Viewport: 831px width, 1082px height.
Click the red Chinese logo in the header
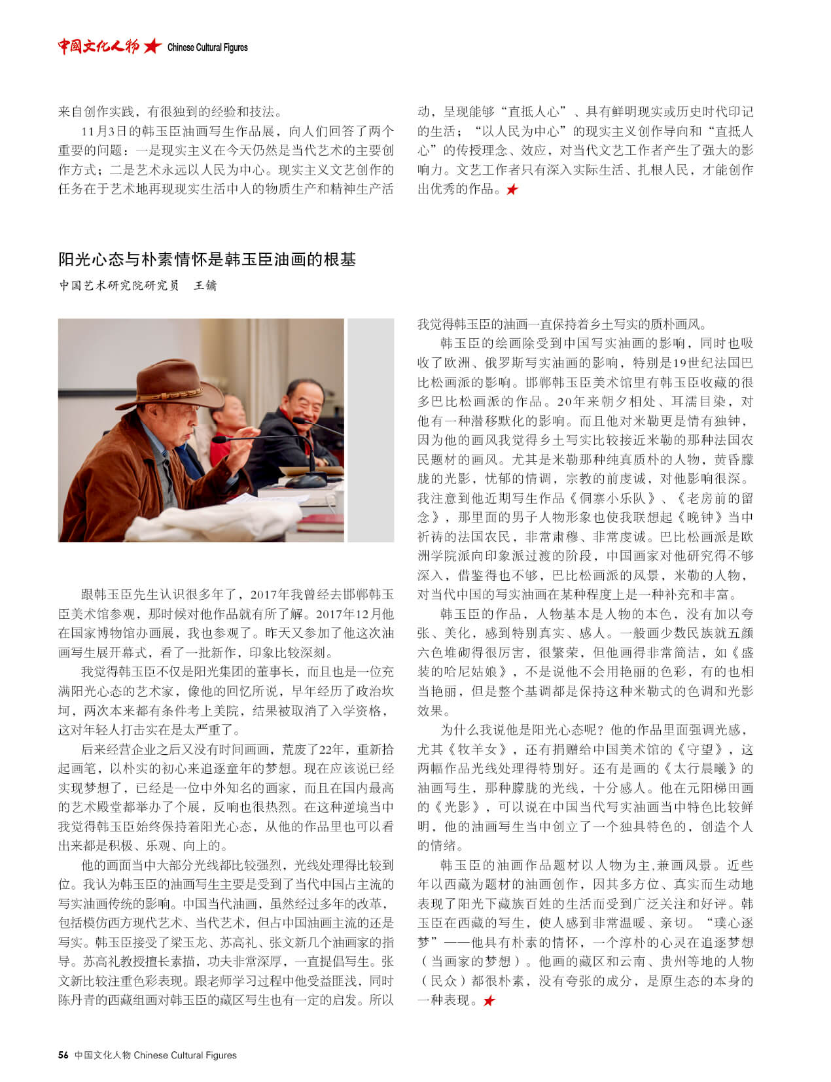[x=98, y=46]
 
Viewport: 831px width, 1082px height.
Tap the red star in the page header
[x=152, y=46]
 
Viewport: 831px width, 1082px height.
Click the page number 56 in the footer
[x=63, y=1055]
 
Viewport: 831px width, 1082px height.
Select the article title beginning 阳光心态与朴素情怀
[x=207, y=260]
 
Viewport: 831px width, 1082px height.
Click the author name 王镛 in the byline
[x=205, y=286]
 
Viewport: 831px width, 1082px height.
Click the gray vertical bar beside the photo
[x=370, y=430]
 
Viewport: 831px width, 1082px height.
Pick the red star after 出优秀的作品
[x=512, y=190]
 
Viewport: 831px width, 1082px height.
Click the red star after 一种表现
[x=489, y=1001]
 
